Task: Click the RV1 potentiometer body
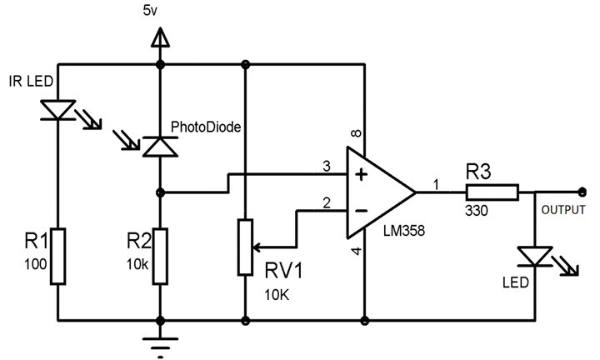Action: coord(244,247)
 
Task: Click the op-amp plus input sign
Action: coord(361,176)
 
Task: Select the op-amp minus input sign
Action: coord(361,209)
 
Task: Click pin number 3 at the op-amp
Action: coord(327,167)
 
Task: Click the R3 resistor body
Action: coord(492,192)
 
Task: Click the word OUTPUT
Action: coord(563,209)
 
